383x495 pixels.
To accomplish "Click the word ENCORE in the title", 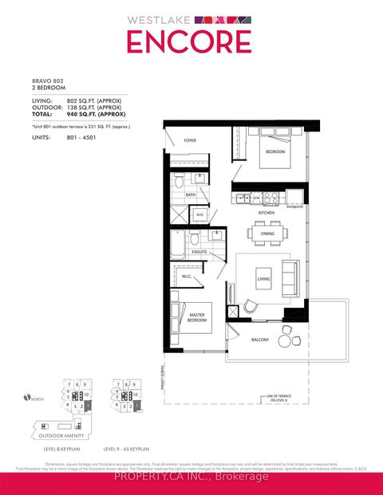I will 191,42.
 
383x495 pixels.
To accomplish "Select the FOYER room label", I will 190,140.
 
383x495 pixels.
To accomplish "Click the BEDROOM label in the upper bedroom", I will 275,151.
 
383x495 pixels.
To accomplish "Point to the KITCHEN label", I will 267,213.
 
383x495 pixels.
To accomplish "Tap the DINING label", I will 267,234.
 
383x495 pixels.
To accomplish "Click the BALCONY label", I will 259,340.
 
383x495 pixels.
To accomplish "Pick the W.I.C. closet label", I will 187,277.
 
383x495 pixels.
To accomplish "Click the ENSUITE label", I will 199,252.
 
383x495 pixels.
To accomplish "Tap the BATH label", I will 191,194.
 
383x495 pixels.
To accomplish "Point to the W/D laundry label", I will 199,214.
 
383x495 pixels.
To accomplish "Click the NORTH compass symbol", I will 28,398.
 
